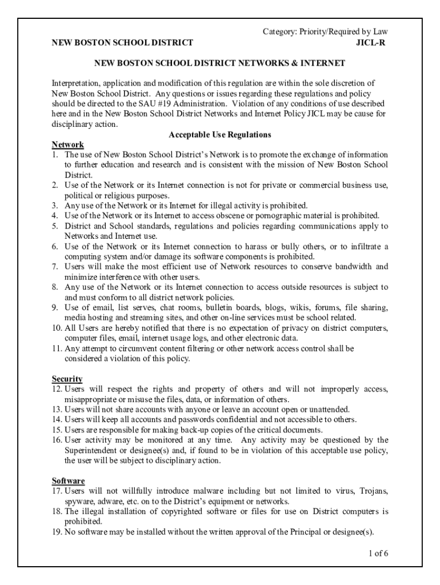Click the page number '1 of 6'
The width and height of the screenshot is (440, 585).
click(378, 553)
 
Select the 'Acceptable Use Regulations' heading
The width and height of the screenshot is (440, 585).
click(219, 135)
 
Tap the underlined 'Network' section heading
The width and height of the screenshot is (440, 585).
click(68, 145)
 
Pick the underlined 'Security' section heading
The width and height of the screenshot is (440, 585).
click(67, 379)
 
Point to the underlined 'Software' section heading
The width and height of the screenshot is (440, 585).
click(69, 481)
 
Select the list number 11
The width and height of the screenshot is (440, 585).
click(57, 348)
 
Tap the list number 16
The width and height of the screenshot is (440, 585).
click(57, 440)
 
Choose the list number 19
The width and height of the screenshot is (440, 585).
click(57, 532)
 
